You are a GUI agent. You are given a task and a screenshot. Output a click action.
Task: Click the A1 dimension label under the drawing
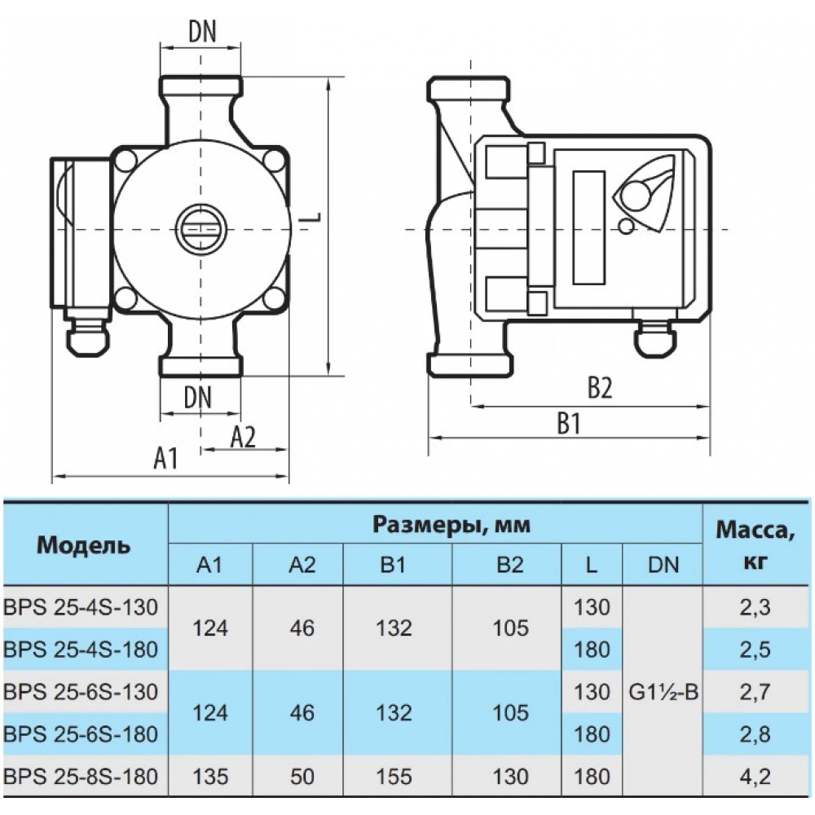[165, 458]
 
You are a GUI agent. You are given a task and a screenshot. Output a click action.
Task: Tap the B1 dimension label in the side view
[569, 424]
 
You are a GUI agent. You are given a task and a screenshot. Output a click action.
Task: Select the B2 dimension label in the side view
[601, 386]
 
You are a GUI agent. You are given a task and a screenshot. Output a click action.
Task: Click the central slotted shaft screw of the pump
[200, 227]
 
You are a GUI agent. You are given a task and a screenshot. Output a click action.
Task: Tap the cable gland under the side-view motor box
[656, 338]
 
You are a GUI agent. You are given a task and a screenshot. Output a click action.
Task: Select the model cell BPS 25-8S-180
[81, 777]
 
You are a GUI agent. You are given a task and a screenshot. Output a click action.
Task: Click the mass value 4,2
[754, 777]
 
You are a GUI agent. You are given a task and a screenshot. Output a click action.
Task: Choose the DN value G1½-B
[663, 692]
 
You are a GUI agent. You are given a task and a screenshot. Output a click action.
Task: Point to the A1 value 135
[210, 777]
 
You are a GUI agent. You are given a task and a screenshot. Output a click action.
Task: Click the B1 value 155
[394, 777]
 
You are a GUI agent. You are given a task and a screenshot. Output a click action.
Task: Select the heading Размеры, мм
[452, 525]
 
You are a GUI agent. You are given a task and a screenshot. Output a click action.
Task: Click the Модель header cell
[83, 545]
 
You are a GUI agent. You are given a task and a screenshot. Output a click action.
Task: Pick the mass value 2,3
[755, 607]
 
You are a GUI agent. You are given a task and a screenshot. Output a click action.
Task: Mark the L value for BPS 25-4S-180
[592, 650]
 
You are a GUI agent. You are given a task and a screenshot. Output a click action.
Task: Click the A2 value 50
[302, 777]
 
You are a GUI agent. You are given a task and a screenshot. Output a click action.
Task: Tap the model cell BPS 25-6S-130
[81, 692]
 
